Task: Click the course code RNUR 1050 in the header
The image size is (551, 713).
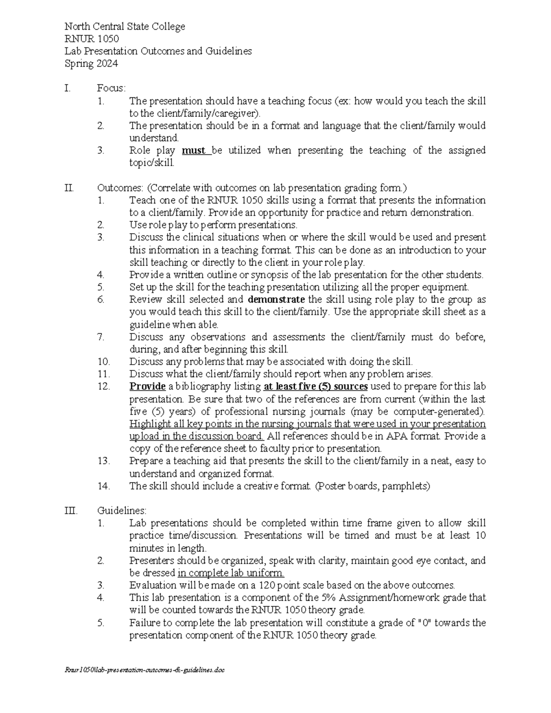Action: (91, 39)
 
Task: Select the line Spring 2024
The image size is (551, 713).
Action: (91, 63)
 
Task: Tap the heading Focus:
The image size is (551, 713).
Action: (111, 88)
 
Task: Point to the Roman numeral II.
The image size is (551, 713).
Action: (69, 188)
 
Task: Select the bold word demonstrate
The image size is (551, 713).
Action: (276, 300)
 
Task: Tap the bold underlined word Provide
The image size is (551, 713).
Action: (147, 387)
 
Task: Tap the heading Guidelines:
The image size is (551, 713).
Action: (122, 511)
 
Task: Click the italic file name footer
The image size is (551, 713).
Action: (146, 670)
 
